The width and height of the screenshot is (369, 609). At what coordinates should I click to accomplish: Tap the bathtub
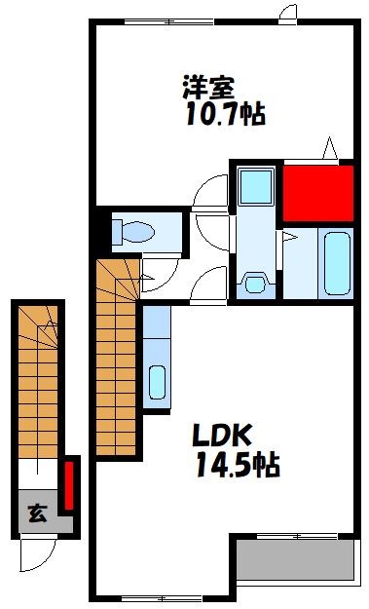(337, 262)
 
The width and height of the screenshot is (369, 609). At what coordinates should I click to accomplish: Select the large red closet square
(316, 192)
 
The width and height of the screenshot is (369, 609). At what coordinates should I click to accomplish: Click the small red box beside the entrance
(69, 485)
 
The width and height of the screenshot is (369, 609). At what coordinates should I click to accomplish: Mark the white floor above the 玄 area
(40, 472)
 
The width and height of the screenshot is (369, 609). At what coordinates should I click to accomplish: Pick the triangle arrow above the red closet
(329, 150)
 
